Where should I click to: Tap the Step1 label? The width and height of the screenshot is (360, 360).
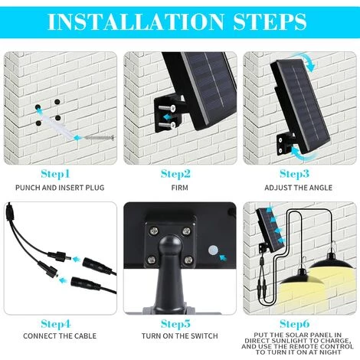pos(55,174)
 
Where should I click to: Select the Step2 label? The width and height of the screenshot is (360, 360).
pos(175,174)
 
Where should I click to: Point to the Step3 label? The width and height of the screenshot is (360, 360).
pos(295,174)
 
